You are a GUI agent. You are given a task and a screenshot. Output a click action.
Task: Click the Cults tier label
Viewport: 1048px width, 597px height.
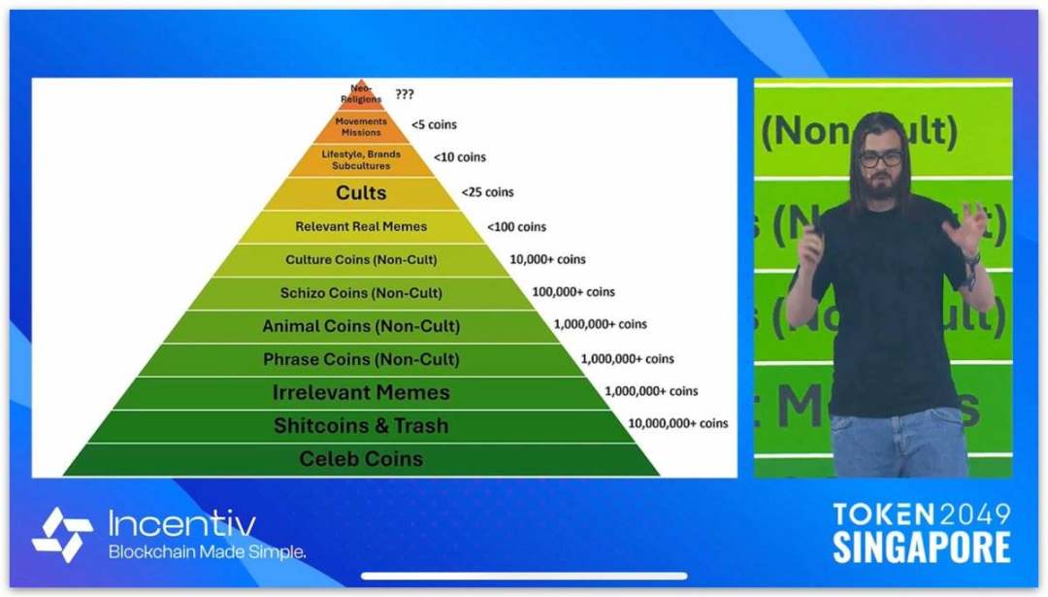tap(361, 192)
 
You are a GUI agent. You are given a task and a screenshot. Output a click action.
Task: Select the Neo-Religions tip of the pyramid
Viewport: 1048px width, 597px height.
tap(361, 93)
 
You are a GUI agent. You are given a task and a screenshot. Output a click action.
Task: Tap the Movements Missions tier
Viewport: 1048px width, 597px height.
tap(361, 126)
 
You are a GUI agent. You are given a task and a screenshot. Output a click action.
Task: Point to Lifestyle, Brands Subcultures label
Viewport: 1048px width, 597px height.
tap(361, 160)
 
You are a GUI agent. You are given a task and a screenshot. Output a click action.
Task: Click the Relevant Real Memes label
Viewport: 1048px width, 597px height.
tap(361, 226)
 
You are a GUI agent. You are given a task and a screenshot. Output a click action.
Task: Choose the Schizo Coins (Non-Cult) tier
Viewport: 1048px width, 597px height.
tap(361, 293)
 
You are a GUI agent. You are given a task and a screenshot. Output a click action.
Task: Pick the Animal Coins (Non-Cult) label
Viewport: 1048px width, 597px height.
tap(361, 326)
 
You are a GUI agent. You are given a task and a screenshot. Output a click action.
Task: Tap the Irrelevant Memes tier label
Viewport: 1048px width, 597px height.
tap(361, 392)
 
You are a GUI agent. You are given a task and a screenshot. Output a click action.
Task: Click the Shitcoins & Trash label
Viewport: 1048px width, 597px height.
tap(361, 426)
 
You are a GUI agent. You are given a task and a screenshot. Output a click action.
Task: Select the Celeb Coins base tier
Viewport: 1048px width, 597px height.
tap(361, 459)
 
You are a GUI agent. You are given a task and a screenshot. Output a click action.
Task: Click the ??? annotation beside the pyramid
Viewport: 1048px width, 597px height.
tap(405, 94)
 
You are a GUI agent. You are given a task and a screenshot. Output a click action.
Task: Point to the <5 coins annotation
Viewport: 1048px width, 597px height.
tap(435, 125)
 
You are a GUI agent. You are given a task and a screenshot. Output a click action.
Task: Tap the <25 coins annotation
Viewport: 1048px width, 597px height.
tap(488, 192)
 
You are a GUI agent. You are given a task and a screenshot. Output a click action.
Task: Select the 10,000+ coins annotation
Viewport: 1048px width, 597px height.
tap(547, 259)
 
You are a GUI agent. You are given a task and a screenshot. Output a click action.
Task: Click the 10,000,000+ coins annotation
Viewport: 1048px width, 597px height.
tap(677, 423)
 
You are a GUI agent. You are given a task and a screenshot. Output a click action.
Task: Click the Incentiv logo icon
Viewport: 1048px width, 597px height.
tap(62, 534)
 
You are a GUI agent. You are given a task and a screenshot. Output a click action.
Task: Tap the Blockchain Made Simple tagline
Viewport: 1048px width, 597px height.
tap(208, 552)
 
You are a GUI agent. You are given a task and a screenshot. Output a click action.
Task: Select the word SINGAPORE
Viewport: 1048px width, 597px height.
tap(922, 547)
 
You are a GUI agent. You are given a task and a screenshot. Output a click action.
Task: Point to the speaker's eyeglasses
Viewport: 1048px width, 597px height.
tap(880, 159)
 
